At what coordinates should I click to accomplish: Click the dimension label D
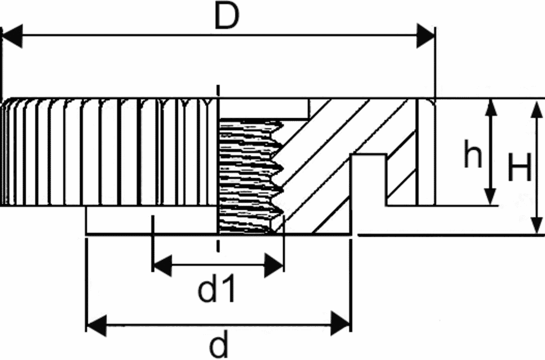point(227,16)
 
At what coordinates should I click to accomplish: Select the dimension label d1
point(217,288)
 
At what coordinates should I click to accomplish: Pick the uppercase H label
point(520,167)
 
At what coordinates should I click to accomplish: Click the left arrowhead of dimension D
point(13,35)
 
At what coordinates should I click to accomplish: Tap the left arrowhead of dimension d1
point(162,265)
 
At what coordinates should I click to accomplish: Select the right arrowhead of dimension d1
point(274,265)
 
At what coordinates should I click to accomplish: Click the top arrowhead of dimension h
point(491,108)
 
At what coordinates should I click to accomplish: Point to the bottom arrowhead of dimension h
point(491,196)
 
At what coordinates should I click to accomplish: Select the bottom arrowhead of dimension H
point(537,225)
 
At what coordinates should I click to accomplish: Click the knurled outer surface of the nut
point(108,152)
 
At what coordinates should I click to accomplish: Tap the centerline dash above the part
point(218,91)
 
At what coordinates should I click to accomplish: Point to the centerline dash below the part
point(218,245)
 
